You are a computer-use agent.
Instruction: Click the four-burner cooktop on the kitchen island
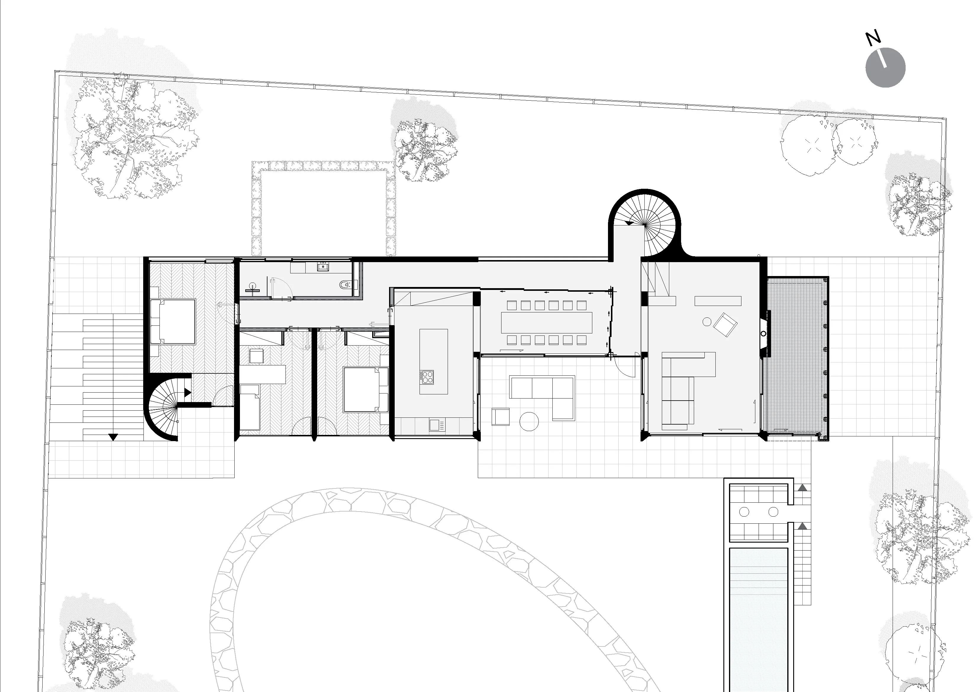pyautogui.click(x=427, y=377)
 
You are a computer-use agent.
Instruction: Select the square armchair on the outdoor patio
pyautogui.click(x=501, y=417)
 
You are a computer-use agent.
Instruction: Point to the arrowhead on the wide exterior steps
pyautogui.click(x=112, y=437)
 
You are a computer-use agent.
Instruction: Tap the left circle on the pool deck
pyautogui.click(x=744, y=512)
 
